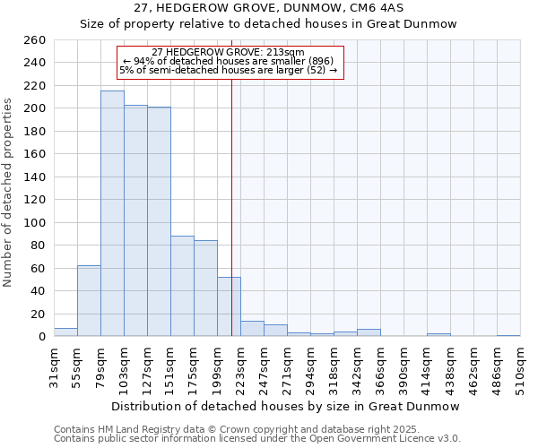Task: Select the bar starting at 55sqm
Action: (89, 301)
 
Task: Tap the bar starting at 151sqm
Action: (182, 286)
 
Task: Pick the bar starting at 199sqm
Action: (229, 306)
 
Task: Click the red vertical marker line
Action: (232, 179)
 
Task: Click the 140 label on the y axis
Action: (35, 177)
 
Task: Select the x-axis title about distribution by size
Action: (287, 406)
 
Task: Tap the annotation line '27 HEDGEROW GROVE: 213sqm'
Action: (229, 52)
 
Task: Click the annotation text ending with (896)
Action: (229, 61)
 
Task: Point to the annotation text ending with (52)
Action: (229, 70)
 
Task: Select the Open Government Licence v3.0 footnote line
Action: (257, 438)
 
